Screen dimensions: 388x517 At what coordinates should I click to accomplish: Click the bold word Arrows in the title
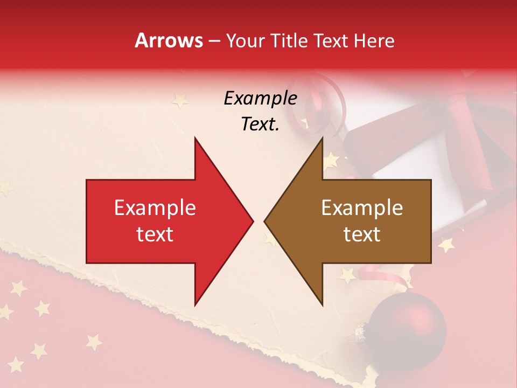tap(169, 40)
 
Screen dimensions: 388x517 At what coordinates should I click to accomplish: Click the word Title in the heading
tap(287, 40)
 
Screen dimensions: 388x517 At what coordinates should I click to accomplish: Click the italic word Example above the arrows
tap(260, 99)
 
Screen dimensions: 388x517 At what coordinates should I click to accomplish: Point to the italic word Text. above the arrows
tap(260, 124)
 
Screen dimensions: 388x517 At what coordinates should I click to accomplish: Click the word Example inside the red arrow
tap(155, 208)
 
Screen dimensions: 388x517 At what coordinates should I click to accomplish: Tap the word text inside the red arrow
tap(155, 234)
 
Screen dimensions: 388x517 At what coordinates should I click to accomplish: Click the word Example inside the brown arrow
tap(362, 208)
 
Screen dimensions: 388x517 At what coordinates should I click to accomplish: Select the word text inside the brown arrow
tap(362, 234)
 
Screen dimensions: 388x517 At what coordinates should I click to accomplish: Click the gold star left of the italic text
tap(179, 100)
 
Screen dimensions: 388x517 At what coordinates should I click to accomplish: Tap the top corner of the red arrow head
tap(195, 138)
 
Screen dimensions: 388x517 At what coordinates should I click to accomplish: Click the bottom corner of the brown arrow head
tap(322, 304)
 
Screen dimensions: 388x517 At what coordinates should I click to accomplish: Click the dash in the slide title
tap(214, 41)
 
